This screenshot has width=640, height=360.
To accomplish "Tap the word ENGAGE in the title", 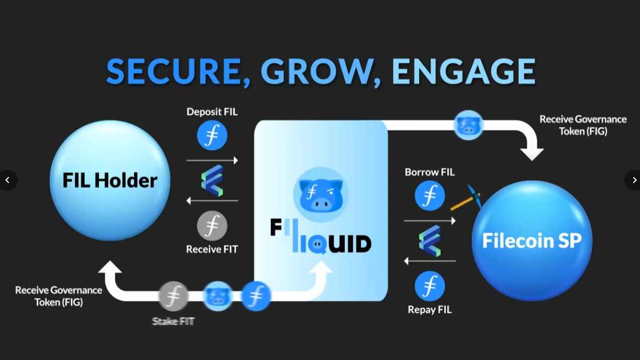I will pos(464,71).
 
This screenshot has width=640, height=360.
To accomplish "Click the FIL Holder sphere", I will pos(110,181).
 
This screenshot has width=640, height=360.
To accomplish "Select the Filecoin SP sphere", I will pos(532,241).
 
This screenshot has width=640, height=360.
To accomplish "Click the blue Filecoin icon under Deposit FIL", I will pos(212,135).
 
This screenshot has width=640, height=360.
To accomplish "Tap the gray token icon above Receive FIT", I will pos(212,226).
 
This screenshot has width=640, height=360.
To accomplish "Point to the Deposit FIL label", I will pos(212,112).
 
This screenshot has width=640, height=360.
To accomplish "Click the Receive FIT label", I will pos(212,249).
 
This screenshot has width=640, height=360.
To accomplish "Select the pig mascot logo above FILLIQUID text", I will pos(321,192).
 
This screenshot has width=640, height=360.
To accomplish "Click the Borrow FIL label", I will pos(429,172).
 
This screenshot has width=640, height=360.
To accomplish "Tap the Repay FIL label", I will pos(429,310).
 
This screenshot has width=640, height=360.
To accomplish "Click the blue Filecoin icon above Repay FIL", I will pos(429,286).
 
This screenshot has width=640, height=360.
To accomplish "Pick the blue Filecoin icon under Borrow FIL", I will pos(429,195).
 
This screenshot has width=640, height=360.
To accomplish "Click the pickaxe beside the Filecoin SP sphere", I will pos(466,198).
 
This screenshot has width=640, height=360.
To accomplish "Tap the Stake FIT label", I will pos(173,321).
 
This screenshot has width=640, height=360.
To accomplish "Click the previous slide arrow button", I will pos(7,180).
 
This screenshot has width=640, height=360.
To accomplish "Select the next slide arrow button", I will pos(634,180).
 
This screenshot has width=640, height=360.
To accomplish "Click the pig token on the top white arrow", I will pos(468,125).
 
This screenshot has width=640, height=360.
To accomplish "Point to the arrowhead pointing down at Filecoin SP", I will pos(532,154).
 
